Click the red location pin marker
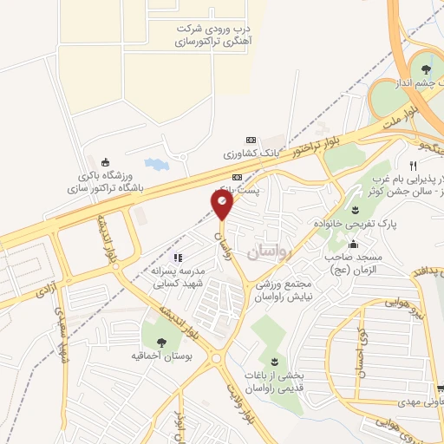pos(223,205)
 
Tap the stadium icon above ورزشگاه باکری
pos(106,161)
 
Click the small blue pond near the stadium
pos(153,163)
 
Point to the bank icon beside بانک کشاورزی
pos(251,140)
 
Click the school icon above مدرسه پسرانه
pos(178,257)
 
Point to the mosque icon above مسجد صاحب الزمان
pos(355,209)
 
